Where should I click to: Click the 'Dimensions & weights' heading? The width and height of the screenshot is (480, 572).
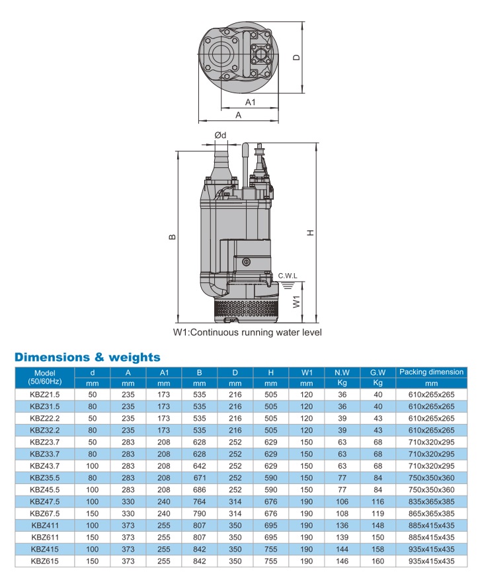(87, 357)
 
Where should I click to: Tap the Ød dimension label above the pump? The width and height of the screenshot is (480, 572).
(221, 136)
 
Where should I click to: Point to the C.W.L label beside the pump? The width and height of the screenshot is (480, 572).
(288, 275)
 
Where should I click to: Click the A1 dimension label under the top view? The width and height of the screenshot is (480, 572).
(251, 102)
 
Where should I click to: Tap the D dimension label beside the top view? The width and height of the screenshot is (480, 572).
(297, 57)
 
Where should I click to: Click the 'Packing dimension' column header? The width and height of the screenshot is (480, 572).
(432, 372)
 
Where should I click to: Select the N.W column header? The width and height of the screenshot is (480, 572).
(342, 372)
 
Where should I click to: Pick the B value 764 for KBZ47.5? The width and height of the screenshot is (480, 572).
(199, 503)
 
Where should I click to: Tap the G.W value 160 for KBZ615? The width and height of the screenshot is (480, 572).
(378, 561)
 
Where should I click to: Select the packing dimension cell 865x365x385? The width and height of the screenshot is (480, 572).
(432, 514)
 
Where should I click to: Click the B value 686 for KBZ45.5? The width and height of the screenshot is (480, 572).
(199, 491)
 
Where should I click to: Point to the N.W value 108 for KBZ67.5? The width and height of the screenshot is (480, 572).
(342, 514)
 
